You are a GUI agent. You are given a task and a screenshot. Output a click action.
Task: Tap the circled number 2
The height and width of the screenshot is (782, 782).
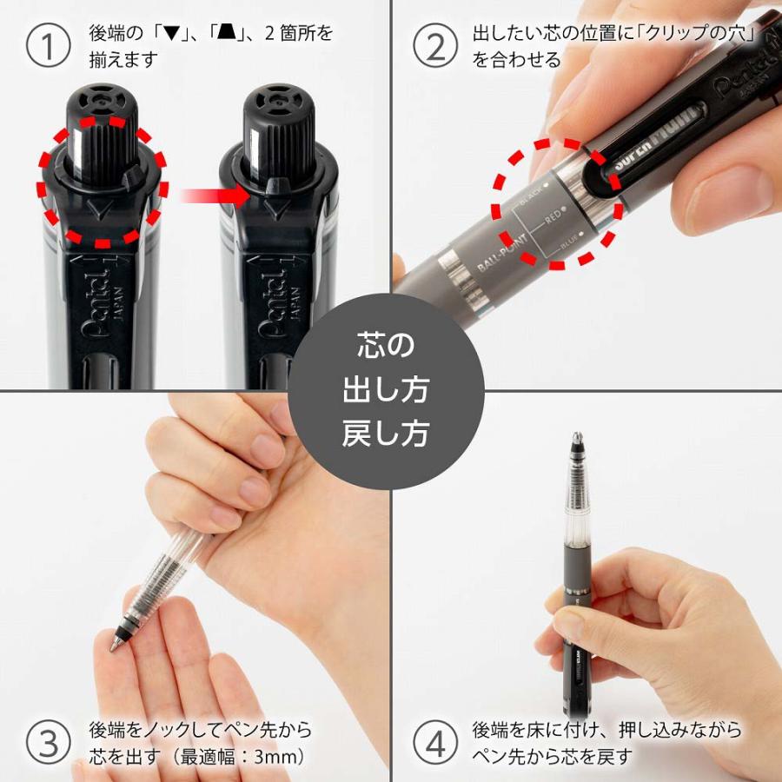[434, 47]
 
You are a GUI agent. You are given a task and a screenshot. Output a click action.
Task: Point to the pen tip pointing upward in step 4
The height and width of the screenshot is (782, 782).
[575, 438]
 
